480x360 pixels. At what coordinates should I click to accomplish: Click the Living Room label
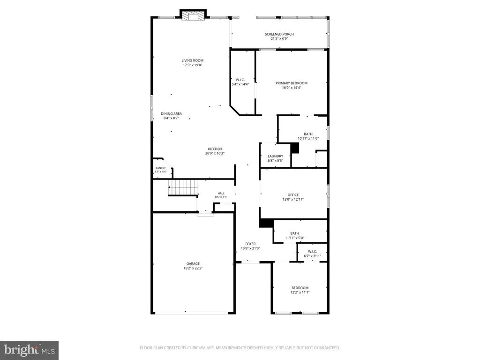[x=193, y=60]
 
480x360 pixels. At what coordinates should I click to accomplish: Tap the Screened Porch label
[x=279, y=34]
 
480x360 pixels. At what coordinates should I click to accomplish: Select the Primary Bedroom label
[x=292, y=83]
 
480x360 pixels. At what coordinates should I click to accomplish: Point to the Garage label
[x=193, y=263]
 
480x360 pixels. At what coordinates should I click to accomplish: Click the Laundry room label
[x=276, y=156]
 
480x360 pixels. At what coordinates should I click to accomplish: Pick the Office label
[x=293, y=195]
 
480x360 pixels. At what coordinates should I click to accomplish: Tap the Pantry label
[x=161, y=168]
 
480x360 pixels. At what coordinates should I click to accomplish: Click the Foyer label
[x=250, y=244]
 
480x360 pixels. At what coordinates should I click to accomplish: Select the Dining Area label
[x=172, y=113]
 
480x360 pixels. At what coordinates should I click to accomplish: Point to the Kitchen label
[x=215, y=149]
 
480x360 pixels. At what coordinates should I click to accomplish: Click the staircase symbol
[x=183, y=187]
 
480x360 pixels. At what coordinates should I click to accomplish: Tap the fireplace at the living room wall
[x=193, y=15]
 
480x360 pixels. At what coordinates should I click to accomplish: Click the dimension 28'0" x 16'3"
[x=215, y=153]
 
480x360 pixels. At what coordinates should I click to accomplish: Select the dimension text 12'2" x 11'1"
[x=300, y=292]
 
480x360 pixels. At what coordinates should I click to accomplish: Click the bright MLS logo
[x=30, y=350]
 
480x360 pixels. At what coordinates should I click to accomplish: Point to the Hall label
[x=221, y=194]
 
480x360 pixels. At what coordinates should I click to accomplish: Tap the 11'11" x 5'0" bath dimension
[x=294, y=238]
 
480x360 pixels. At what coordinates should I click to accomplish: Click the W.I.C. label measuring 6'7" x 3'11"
[x=313, y=252]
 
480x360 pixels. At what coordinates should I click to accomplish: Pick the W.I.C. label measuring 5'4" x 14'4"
[x=240, y=80]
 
